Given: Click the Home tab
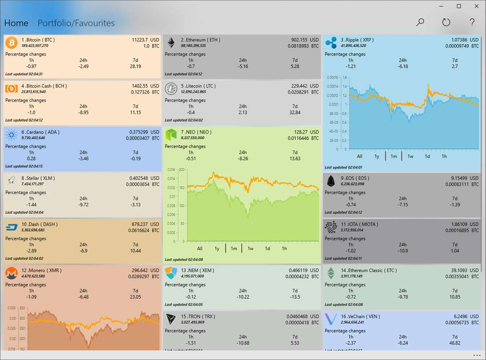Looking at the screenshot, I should tap(16, 23).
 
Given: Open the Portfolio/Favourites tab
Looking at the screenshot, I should tap(76, 23).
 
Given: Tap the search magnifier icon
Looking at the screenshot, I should tap(420, 22).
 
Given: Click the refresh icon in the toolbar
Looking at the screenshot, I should tap(446, 22).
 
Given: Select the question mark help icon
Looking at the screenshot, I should tap(472, 22).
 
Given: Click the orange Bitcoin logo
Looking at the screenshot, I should tap(12, 43).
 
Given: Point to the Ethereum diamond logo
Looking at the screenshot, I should tap(171, 43).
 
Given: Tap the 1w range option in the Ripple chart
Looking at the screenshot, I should tap(410, 156).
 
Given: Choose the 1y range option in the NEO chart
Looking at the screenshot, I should tap(217, 248).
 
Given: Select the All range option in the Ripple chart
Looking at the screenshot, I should tap(360, 156).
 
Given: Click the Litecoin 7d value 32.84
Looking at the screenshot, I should tap(295, 112).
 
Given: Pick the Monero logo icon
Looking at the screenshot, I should tap(12, 273).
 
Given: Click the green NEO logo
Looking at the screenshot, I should tap(171, 135).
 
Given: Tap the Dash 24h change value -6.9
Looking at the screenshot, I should tap(83, 251).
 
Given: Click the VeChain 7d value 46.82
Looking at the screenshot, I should tap(454, 343).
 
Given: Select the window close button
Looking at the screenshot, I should tap(476, 6).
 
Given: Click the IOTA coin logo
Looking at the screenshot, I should tap(331, 227).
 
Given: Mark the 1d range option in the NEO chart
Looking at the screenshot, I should tap(267, 248).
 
